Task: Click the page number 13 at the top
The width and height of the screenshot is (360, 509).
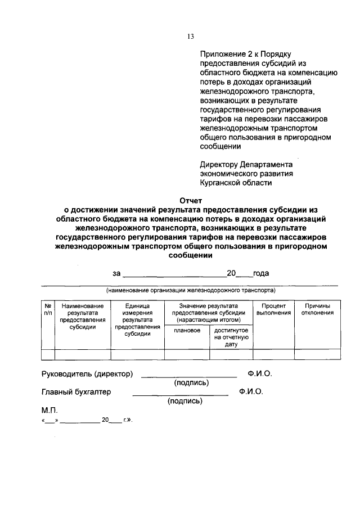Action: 191,37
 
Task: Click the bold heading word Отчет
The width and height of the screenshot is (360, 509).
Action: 190,200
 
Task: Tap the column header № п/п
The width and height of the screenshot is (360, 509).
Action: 48,309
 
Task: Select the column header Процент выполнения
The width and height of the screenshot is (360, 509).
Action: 274,309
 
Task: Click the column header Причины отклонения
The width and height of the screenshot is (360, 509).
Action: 317,309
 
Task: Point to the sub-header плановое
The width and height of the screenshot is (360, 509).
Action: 187,331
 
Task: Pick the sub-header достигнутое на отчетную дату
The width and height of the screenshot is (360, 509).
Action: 231,336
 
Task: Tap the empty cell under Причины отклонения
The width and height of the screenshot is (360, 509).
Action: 317,354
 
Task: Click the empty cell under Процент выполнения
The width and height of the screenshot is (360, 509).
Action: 274,354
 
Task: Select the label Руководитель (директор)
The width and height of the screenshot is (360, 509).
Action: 87,374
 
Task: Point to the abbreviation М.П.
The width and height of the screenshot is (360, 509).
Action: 49,411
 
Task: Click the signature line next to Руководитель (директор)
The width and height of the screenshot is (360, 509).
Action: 188,376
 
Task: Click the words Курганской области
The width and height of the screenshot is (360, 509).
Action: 236,182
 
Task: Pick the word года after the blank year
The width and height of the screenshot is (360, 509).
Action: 261,273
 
